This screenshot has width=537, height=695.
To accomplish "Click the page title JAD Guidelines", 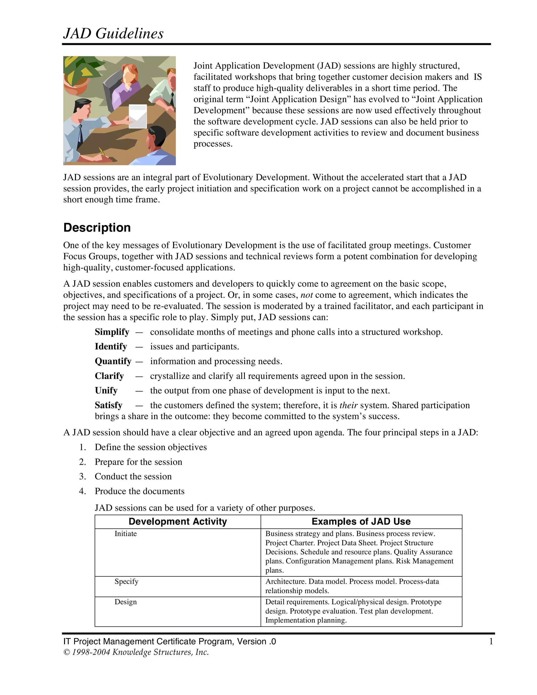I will pyautogui.click(x=113, y=33).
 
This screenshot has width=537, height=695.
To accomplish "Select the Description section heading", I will pyautogui.click(x=97, y=228).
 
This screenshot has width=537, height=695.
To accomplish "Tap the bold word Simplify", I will pyautogui.click(x=112, y=332).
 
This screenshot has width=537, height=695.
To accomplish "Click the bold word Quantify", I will pyautogui.click(x=113, y=361).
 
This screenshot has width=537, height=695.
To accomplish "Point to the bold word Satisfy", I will pyautogui.click(x=109, y=405).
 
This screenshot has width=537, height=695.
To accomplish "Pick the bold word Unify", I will pyautogui.click(x=106, y=391).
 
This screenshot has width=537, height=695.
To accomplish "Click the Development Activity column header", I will pyautogui.click(x=178, y=521).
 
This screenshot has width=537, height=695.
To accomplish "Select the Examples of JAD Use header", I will pyautogui.click(x=361, y=521).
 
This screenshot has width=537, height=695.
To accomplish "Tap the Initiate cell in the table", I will pyautogui.click(x=126, y=534).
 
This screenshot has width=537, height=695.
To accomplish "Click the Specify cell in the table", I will pyautogui.click(x=126, y=581).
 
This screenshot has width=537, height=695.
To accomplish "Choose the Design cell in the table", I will pyautogui.click(x=126, y=602).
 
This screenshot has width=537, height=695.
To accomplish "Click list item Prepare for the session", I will pyautogui.click(x=138, y=462).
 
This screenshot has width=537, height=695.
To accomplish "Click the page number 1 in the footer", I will pyautogui.click(x=491, y=641).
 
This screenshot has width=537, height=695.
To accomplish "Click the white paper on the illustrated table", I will pyautogui.click(x=138, y=116).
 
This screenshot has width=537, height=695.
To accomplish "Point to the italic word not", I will pyautogui.click(x=307, y=295).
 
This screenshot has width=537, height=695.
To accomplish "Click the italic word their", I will pyautogui.click(x=349, y=405).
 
